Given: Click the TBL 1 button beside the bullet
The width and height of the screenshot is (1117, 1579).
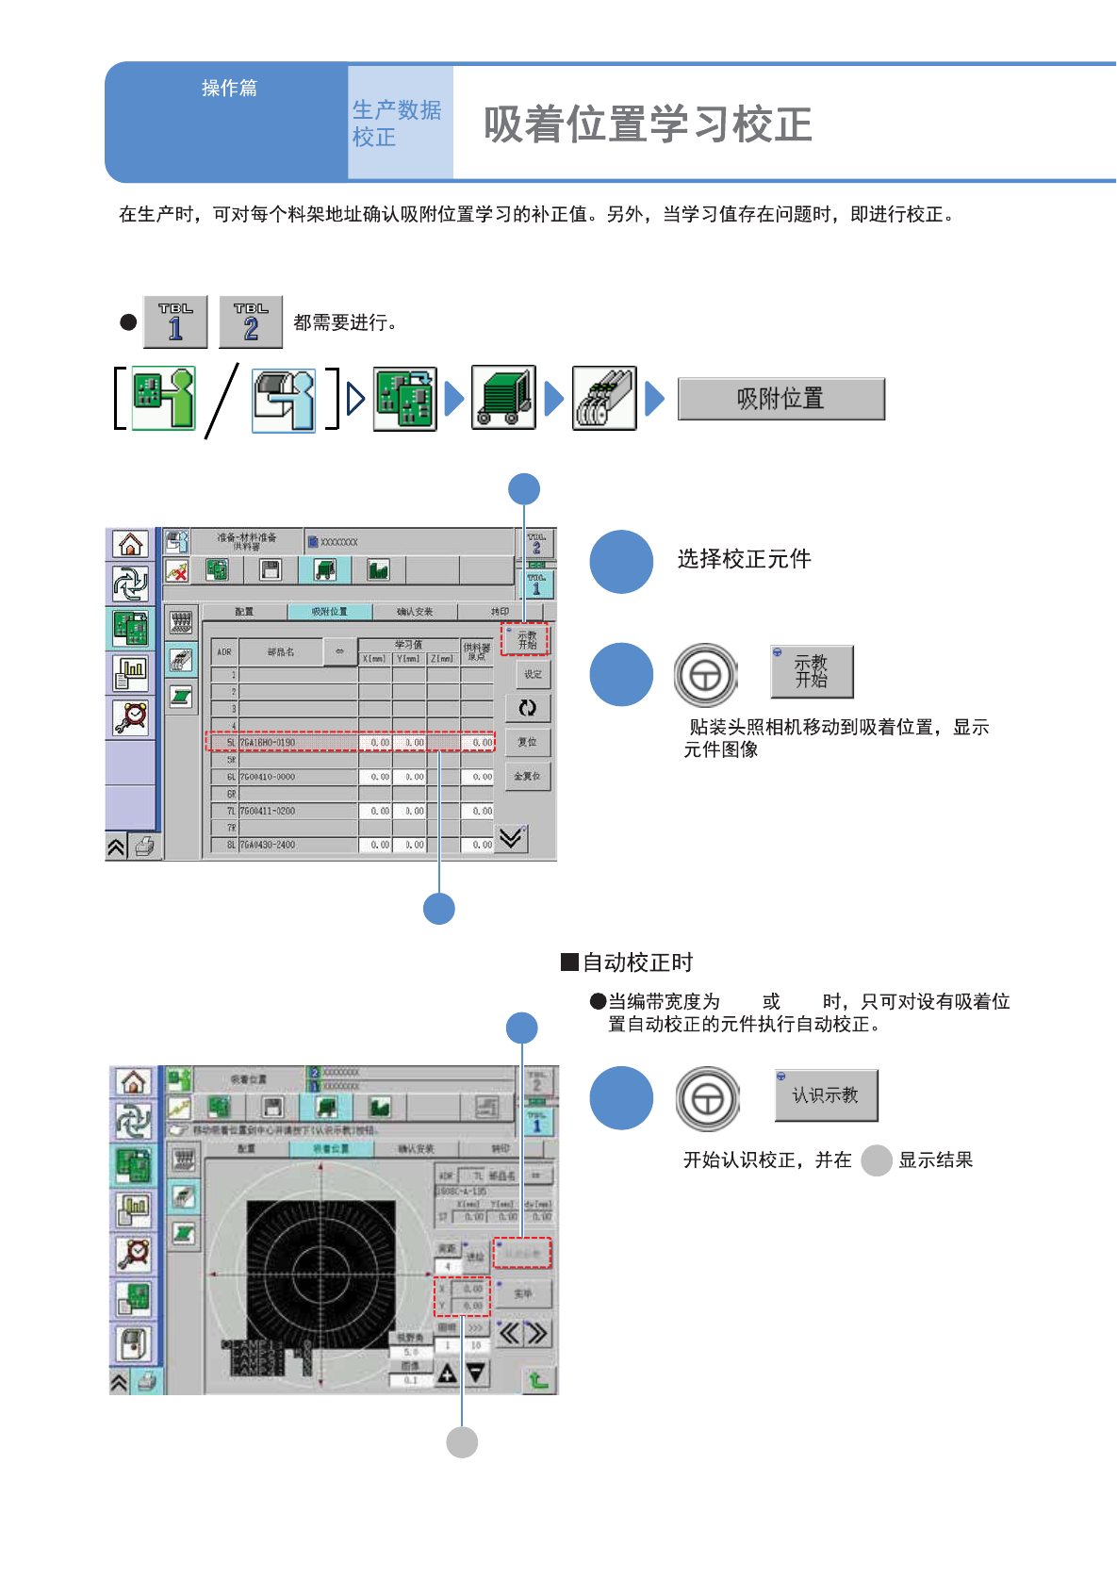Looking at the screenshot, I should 175,321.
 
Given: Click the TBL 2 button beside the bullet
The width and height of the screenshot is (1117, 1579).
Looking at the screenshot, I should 251,321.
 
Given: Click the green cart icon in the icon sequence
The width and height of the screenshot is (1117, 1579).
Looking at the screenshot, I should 503,398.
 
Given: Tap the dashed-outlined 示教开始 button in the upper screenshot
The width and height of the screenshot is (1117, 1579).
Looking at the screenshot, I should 526,640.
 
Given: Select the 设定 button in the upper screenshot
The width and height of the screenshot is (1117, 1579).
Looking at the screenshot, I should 533,675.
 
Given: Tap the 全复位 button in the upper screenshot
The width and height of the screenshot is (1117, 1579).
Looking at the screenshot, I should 527,777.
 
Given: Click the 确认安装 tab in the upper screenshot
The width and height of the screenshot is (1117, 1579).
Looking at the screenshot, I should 415,612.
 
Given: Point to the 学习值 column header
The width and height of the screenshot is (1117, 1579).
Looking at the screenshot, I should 408,645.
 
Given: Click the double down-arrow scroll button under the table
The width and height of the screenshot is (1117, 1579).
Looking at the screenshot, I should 511,837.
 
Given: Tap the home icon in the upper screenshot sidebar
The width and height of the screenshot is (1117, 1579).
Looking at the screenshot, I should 130,544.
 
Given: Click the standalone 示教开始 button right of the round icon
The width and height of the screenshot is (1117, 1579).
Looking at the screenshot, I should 812,671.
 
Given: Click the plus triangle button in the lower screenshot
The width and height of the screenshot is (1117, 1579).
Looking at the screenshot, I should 447,1373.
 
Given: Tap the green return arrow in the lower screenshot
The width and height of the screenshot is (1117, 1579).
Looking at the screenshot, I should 538,1380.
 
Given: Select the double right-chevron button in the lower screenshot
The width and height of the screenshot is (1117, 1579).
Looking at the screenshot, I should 536,1333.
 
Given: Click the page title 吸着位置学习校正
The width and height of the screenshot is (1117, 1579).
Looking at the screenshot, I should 648,124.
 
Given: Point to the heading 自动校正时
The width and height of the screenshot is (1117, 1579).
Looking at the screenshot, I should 637,962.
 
